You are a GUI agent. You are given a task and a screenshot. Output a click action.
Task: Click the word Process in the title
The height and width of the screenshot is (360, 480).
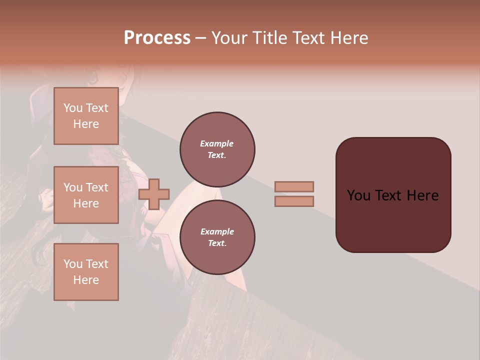(157, 38)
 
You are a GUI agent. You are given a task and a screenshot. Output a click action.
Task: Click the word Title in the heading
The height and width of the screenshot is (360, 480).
(268, 38)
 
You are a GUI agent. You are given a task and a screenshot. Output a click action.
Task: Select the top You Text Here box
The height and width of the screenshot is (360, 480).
(86, 116)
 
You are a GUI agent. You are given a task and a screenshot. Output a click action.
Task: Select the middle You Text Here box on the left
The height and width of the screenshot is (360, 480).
(86, 195)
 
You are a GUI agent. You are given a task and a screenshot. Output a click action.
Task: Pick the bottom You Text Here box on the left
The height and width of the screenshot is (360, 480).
(86, 272)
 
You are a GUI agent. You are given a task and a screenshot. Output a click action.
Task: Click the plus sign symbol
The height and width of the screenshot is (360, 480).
(154, 193)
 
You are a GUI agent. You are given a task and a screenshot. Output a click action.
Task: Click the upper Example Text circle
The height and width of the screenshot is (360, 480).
(217, 149)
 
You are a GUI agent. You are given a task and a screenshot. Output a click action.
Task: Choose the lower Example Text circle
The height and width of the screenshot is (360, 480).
(217, 237)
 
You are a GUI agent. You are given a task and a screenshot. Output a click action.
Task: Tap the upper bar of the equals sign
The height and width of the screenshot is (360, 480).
(294, 186)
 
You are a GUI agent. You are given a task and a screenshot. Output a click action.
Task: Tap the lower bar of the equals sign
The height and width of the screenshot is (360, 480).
(294, 201)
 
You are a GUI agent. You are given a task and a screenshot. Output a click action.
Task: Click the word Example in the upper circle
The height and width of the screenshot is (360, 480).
(217, 143)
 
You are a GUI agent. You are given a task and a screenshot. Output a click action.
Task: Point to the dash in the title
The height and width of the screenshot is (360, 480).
(200, 38)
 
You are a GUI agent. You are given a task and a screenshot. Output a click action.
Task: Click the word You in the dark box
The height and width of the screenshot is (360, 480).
(358, 195)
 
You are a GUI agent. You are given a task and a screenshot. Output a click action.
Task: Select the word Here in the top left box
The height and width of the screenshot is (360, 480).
(86, 124)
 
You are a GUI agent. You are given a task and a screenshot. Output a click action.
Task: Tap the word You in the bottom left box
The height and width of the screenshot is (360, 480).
(73, 264)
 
